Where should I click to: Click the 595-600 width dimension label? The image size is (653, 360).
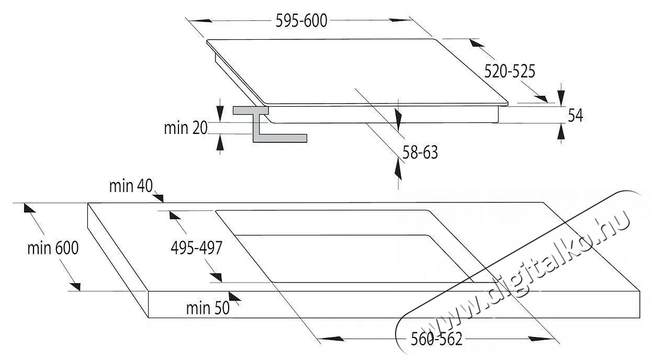301,20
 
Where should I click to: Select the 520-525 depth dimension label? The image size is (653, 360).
509,71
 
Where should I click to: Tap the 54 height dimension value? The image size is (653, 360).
575,116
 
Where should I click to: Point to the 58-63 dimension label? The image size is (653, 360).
420,152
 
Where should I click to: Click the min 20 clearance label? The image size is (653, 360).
186,128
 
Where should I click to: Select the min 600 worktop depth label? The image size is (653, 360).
53,248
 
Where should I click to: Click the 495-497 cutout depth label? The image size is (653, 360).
197,248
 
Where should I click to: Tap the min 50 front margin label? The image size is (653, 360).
208,308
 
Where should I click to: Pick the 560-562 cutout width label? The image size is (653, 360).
437,340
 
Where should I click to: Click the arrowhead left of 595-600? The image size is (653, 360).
201,20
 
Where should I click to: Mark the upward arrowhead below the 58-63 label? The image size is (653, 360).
398,168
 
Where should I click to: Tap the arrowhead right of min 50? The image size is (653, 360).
235,298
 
